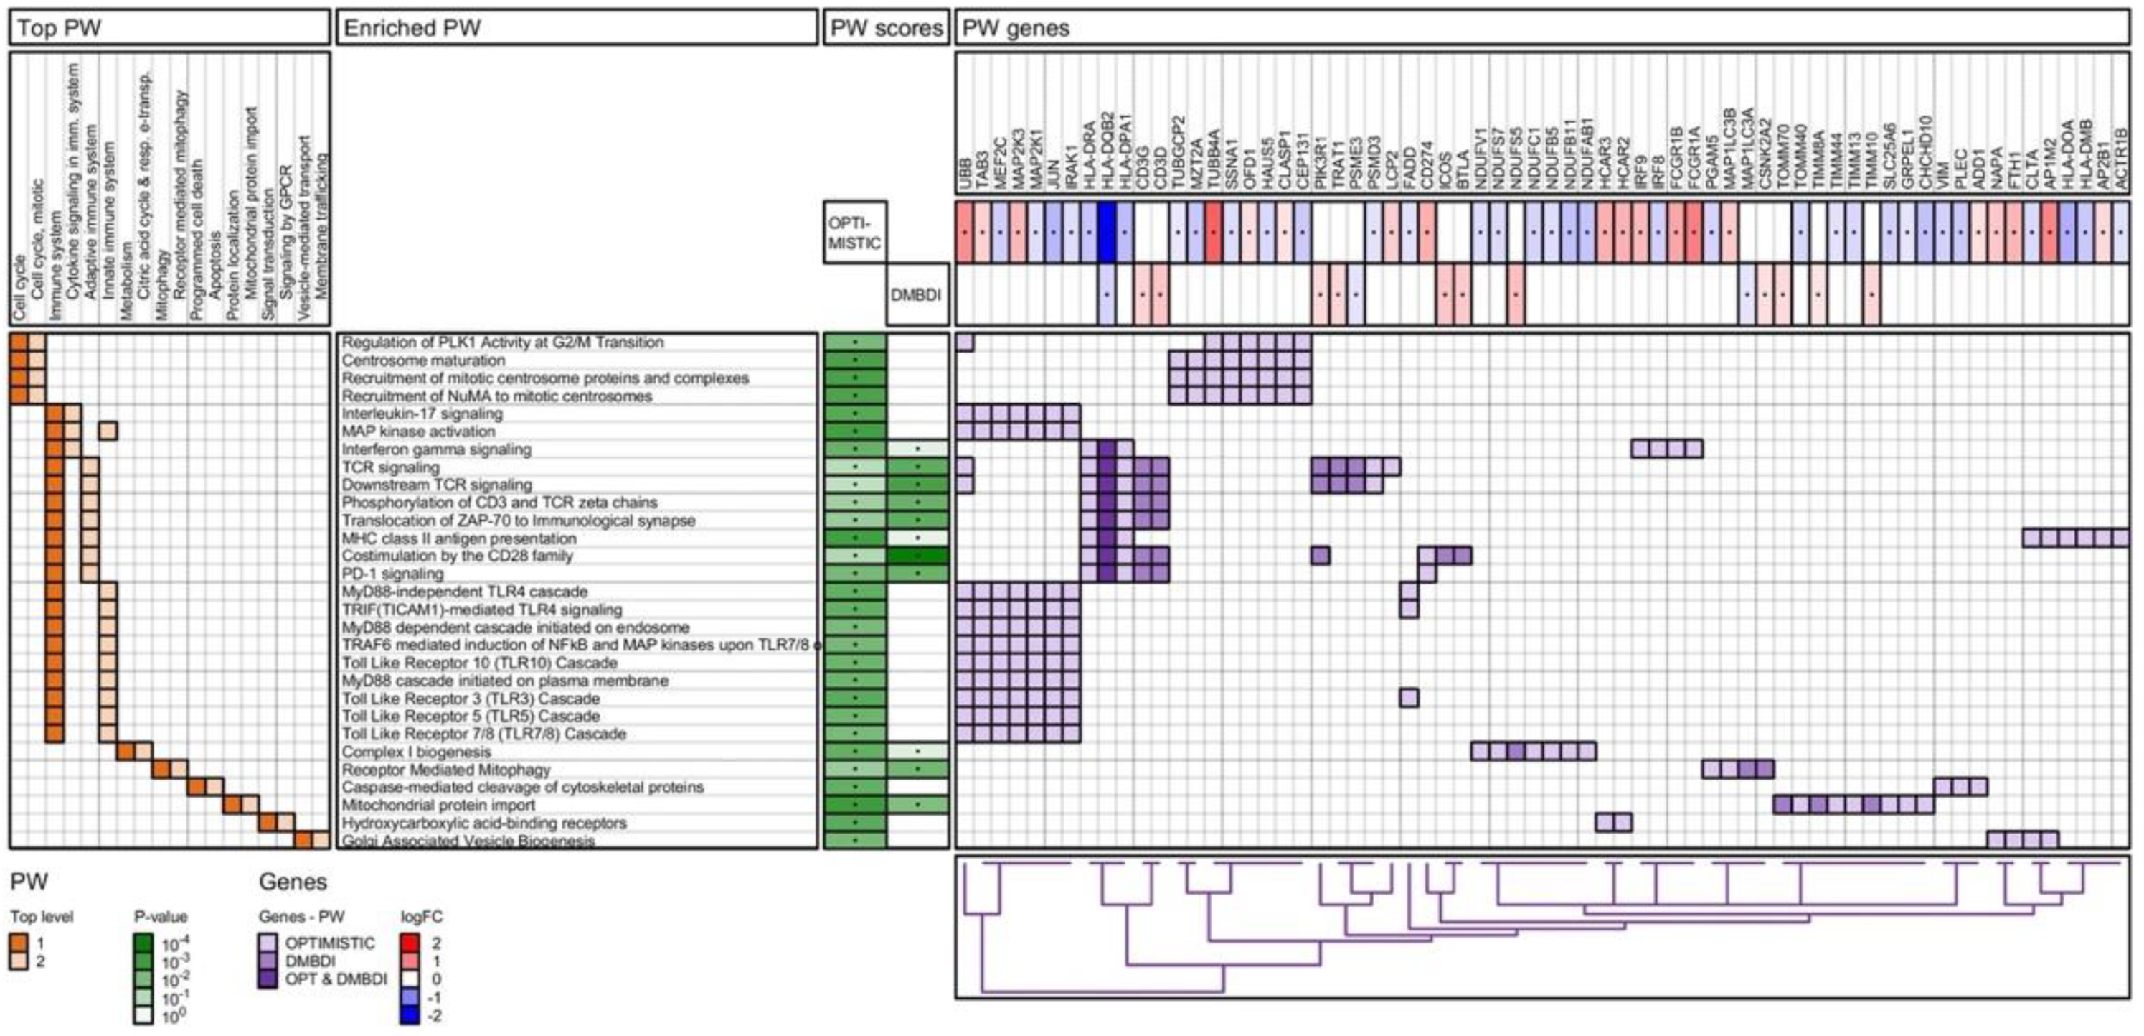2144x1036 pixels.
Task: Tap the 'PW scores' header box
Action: (x=887, y=27)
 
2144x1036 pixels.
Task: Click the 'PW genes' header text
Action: (x=1016, y=27)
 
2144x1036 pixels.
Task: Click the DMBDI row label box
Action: (x=917, y=295)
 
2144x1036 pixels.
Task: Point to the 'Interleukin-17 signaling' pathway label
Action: (x=422, y=414)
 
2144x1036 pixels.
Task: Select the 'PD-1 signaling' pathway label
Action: (x=392, y=574)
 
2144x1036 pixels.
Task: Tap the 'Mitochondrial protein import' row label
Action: (x=438, y=806)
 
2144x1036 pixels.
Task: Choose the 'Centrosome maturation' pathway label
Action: (x=424, y=360)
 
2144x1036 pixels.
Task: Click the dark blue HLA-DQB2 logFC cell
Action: (x=1106, y=233)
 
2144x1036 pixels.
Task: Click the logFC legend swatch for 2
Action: (x=410, y=943)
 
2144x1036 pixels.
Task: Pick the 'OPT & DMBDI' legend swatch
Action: (x=269, y=979)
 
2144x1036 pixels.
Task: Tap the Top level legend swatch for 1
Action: (x=19, y=943)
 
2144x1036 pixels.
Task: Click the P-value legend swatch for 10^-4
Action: (x=143, y=943)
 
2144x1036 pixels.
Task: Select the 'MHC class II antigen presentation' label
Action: (x=458, y=538)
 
